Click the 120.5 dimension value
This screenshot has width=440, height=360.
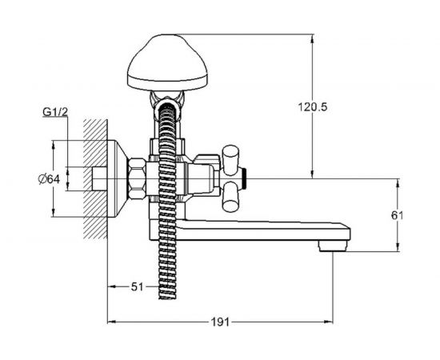(312, 107)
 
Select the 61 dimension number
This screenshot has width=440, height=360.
(398, 215)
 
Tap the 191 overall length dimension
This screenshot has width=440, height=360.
(220, 322)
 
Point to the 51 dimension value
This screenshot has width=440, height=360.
(138, 286)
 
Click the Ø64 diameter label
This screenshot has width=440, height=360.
(49, 179)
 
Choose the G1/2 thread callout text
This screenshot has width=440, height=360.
(55, 112)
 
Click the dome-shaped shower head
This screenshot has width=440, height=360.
(167, 62)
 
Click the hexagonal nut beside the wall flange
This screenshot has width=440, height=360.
(137, 179)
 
